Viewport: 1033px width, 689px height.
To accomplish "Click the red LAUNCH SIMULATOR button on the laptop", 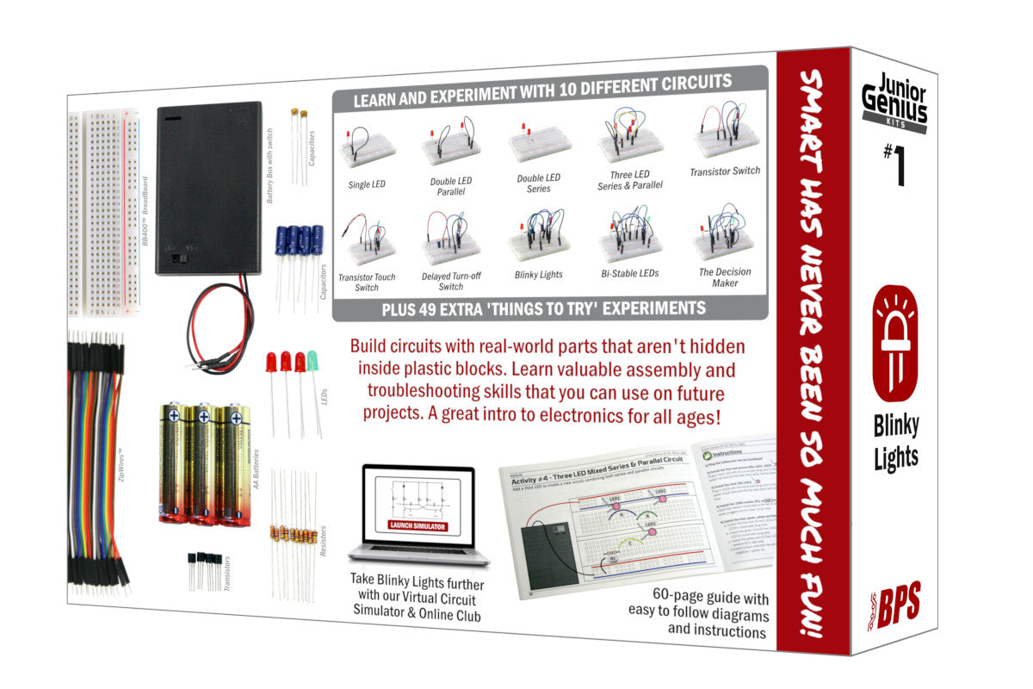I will [418, 525].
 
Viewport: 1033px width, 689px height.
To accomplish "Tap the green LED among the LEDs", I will [312, 362].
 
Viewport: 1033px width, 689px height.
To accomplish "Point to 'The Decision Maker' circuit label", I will [725, 277].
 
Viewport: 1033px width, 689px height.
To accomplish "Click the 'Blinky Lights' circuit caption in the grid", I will [538, 275].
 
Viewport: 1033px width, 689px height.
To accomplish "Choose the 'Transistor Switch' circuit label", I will [725, 171].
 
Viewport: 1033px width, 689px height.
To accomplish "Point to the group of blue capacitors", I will [299, 243].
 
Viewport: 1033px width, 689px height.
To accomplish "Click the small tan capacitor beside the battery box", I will [298, 115].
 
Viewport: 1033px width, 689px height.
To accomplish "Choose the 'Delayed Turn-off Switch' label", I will [450, 281].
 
